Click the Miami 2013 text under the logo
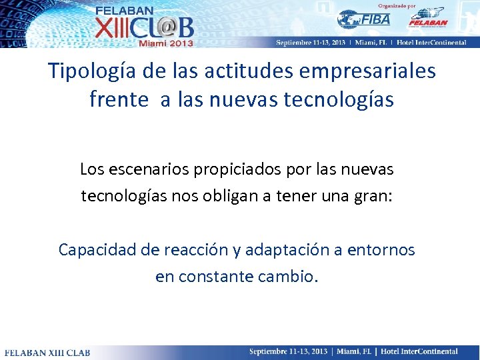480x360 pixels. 165,43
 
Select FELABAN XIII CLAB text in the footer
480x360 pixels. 43,352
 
